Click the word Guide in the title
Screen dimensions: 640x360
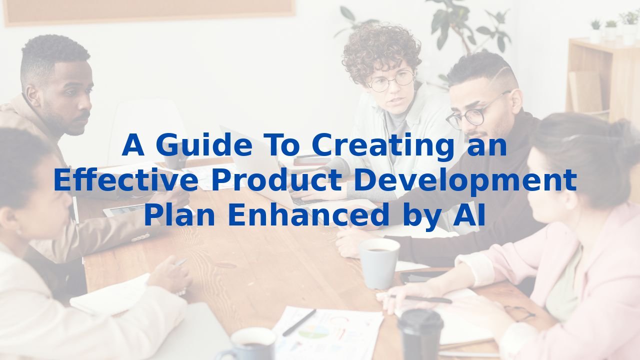tap(204, 144)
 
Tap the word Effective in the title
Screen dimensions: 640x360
tap(126, 179)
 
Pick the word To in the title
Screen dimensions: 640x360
tap(283, 144)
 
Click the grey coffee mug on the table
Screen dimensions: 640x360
tap(379, 263)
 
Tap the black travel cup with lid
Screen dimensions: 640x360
tap(420, 334)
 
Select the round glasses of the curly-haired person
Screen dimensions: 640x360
tap(391, 81)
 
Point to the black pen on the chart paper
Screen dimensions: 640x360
tap(299, 322)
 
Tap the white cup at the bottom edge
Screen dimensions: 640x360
tap(251, 344)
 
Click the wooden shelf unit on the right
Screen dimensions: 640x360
tap(603, 80)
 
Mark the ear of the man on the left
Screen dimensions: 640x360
tap(32, 96)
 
